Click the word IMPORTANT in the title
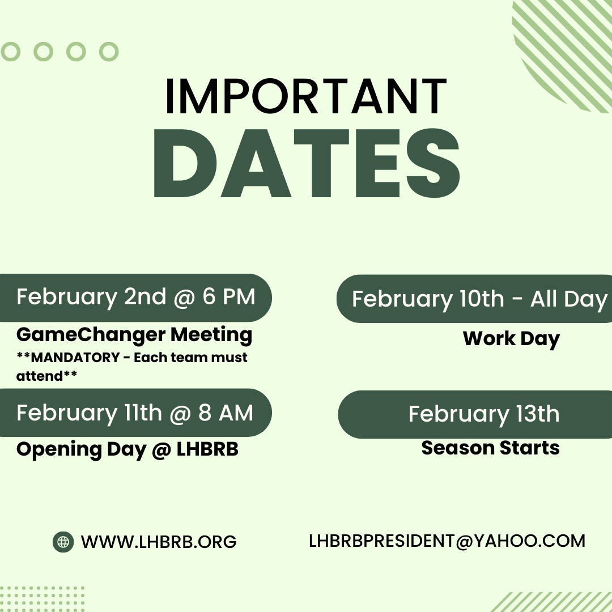306,96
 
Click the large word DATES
307,163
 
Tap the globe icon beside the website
63,542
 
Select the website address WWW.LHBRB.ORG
159,542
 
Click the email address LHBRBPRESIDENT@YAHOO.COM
447,541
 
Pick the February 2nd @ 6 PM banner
135,298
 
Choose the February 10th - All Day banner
474,299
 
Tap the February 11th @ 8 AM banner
135,413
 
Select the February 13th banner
475,414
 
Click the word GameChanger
91,335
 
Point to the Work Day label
511,339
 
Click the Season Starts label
491,448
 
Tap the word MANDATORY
75,357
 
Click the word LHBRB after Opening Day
207,449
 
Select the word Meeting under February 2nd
211,335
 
